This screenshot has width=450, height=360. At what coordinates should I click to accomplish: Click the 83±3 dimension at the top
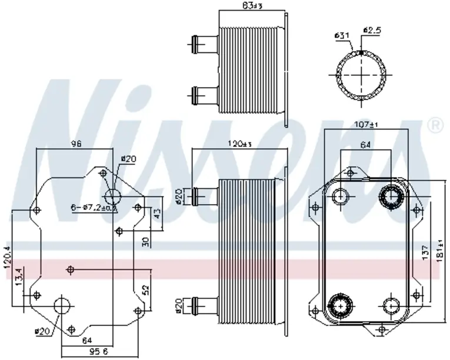(x=252, y=6)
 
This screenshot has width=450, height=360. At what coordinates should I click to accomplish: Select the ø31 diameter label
(x=342, y=36)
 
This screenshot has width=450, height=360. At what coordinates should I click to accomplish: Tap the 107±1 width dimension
(x=366, y=124)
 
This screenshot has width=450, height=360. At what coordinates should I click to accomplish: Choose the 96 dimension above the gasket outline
(x=75, y=143)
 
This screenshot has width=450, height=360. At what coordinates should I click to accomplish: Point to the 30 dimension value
(x=145, y=241)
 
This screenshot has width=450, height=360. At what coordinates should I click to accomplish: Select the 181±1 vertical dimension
(x=439, y=250)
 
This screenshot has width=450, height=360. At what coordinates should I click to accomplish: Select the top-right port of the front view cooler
(x=391, y=196)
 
